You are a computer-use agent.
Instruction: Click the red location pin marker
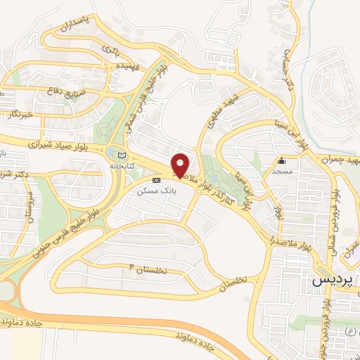180,165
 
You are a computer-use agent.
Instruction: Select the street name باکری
111,50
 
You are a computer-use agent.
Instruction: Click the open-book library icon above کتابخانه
123,154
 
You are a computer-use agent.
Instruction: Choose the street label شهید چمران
340,161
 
